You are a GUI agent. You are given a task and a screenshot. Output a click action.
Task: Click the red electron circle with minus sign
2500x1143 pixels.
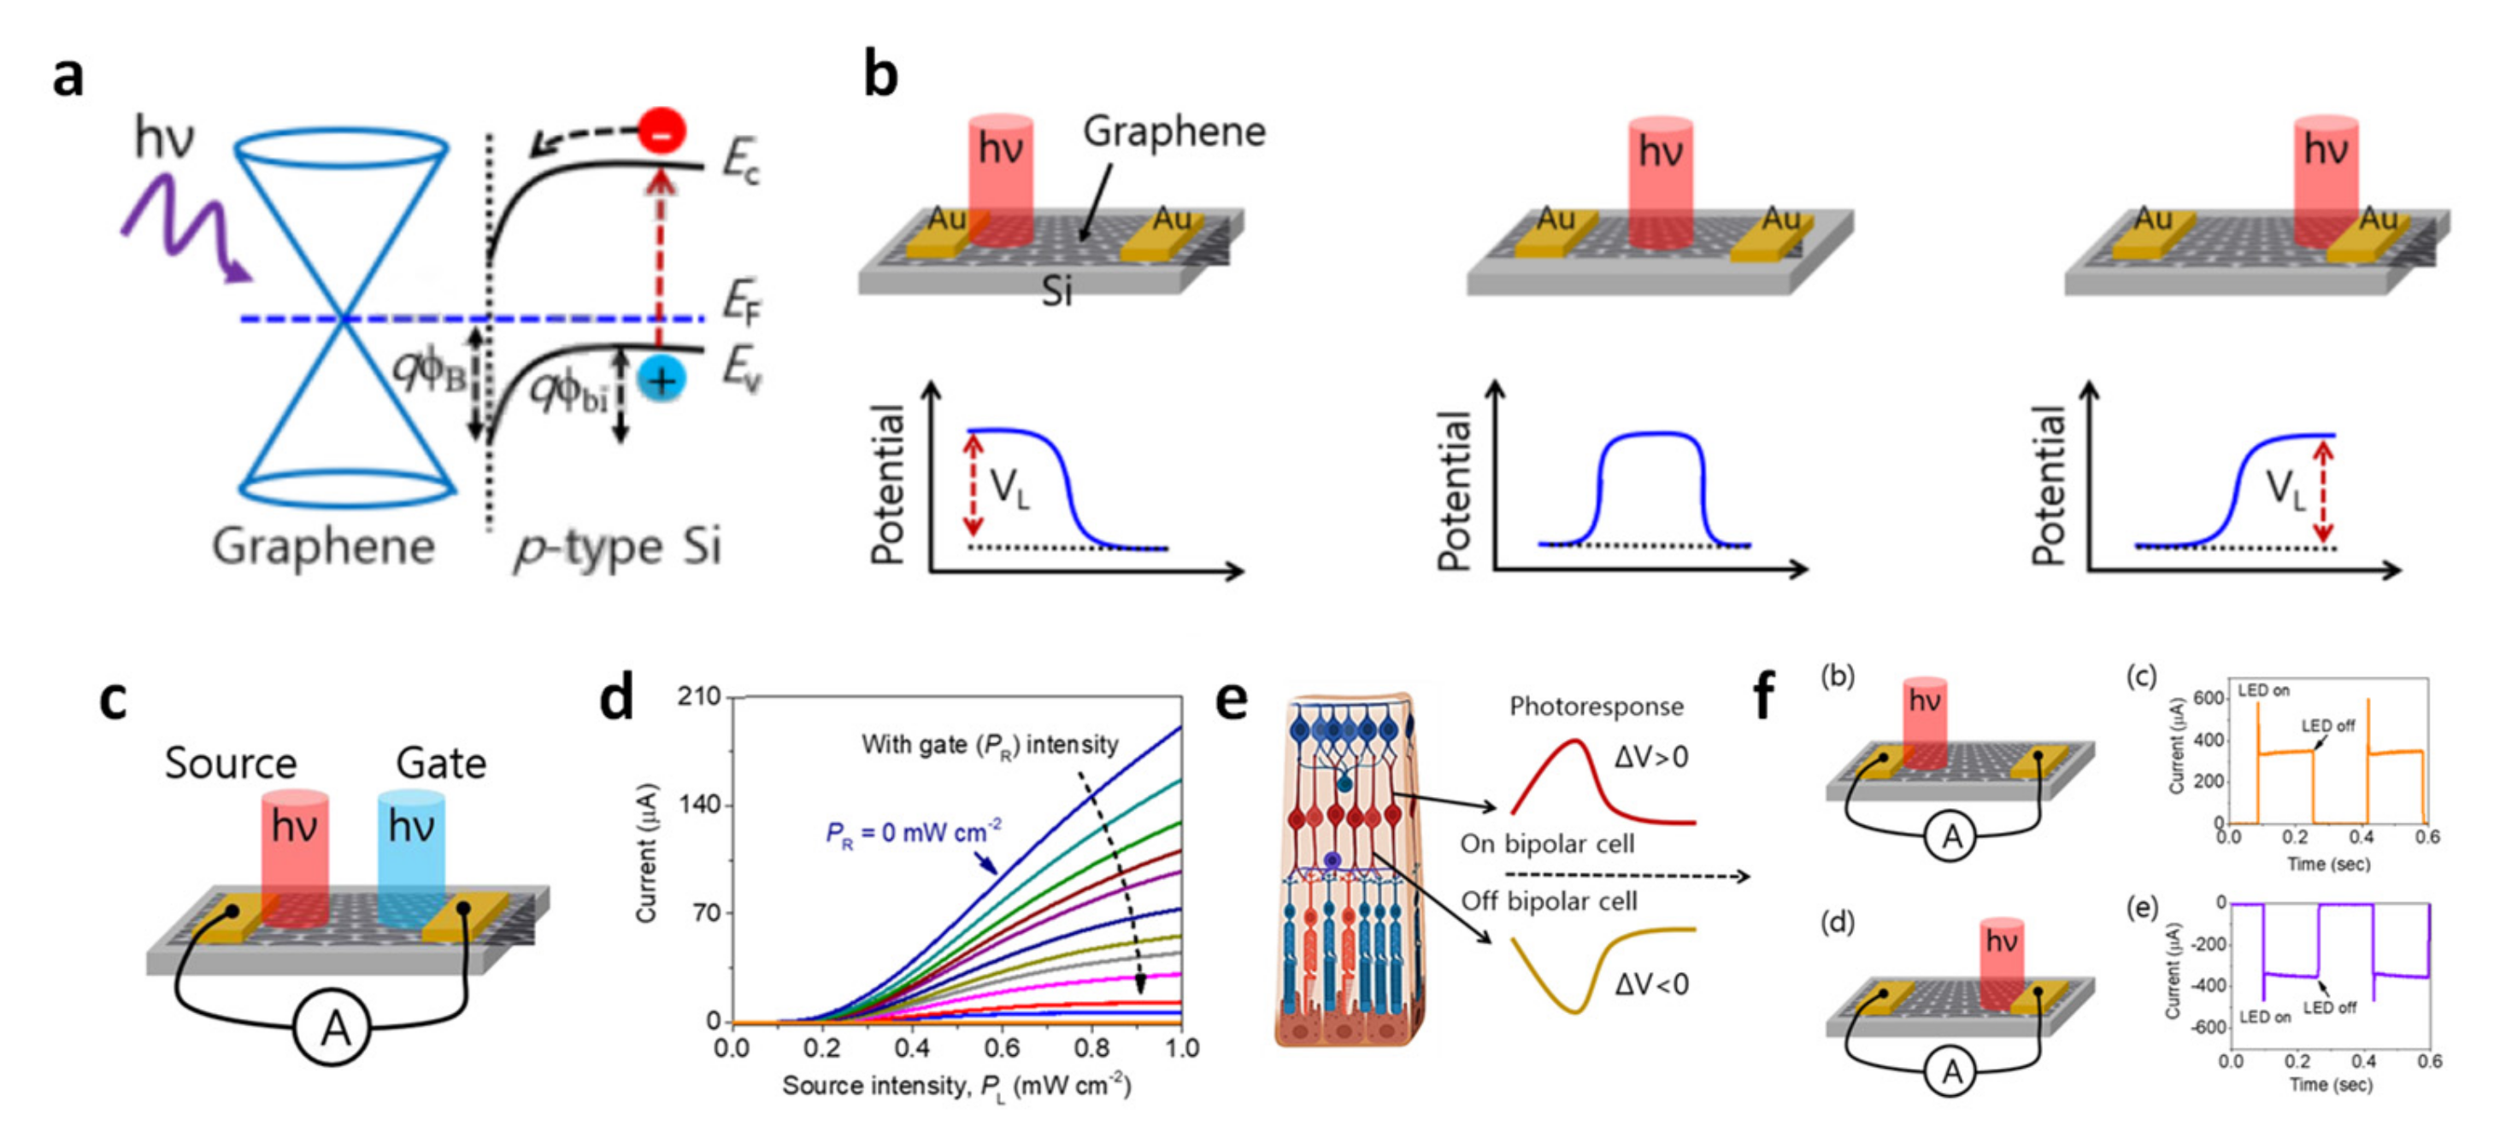(x=662, y=131)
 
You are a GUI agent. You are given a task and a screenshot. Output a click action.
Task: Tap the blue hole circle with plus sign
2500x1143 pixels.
(x=662, y=379)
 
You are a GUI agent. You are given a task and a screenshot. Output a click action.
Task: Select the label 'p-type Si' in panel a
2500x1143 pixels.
(x=617, y=546)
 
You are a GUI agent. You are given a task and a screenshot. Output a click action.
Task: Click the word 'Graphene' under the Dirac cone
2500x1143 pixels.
(x=323, y=545)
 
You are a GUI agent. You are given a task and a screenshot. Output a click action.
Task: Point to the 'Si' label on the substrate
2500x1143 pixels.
(x=1057, y=290)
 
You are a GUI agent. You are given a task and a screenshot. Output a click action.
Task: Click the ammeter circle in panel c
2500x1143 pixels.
(x=332, y=1028)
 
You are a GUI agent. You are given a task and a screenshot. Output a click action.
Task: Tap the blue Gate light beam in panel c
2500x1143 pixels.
(x=411, y=854)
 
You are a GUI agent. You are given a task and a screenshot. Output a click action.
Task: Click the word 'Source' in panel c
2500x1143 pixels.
(x=230, y=763)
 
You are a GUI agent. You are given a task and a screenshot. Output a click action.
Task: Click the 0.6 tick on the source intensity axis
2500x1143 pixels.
(x=1002, y=1048)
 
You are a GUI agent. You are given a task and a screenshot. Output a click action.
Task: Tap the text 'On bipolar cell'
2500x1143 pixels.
(x=1547, y=843)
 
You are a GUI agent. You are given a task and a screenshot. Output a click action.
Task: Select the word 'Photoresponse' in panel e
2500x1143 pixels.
(x=1597, y=706)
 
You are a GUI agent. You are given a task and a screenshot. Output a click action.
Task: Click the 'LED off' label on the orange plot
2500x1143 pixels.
(x=2327, y=726)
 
